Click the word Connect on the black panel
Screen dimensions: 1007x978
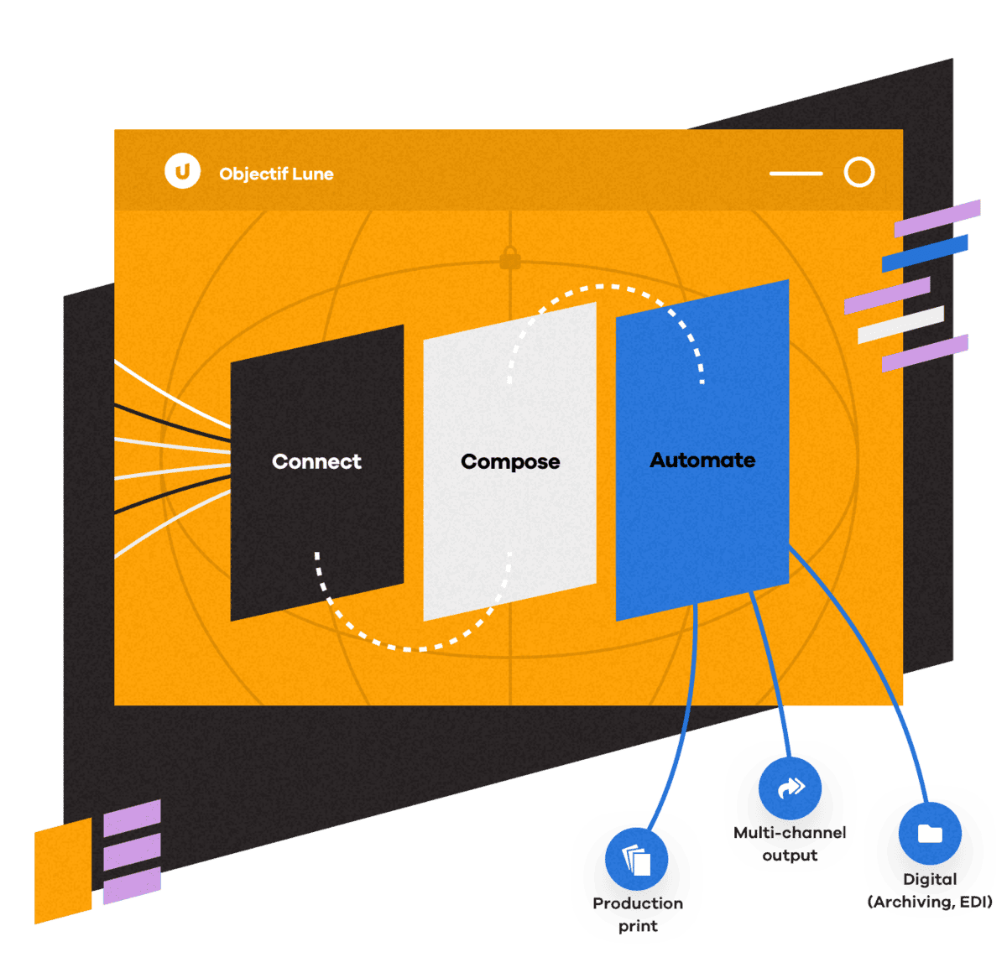coord(316,460)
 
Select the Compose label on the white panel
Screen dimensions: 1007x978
coord(509,461)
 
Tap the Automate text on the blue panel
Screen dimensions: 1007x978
coord(702,460)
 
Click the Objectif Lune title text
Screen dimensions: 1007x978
coord(276,174)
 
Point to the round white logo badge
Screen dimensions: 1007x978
coord(182,170)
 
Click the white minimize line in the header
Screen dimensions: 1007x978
coord(796,174)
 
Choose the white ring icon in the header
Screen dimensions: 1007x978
coord(858,172)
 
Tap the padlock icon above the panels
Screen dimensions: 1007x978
coord(509,257)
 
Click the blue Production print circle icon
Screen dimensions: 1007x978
coord(635,860)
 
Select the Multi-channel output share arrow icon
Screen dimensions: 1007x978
coord(789,788)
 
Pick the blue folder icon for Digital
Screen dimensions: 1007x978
coord(930,833)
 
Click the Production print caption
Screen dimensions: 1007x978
coord(638,914)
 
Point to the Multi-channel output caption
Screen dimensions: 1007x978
coord(789,844)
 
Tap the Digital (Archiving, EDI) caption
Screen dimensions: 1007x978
coord(930,890)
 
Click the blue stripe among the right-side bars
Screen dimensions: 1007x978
coord(924,253)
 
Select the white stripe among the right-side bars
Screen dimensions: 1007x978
coord(900,325)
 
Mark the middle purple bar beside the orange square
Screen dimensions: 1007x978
coord(132,852)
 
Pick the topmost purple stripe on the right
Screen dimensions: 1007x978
coord(937,218)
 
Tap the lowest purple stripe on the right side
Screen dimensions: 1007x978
coord(925,353)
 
